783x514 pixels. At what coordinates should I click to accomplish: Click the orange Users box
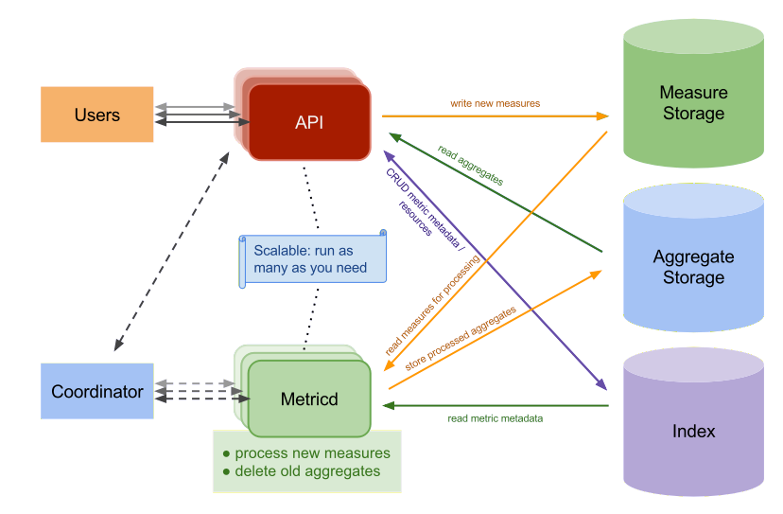[x=97, y=115]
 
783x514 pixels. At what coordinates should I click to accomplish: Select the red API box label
[x=309, y=122]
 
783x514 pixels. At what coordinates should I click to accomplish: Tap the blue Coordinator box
[x=97, y=391]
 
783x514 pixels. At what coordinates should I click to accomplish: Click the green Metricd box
[x=309, y=399]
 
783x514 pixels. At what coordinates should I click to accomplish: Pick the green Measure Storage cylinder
[x=693, y=102]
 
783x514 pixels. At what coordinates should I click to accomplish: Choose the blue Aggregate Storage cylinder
[x=693, y=267]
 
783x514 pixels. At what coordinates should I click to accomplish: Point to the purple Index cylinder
[x=693, y=431]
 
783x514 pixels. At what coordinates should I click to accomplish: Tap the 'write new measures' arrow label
[x=495, y=102]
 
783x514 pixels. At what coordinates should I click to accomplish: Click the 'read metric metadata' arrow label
[x=495, y=417]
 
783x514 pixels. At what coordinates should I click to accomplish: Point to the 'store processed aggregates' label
[x=461, y=337]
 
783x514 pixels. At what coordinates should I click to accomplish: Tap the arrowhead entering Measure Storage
[x=603, y=115]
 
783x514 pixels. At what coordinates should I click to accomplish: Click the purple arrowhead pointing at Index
[x=601, y=385]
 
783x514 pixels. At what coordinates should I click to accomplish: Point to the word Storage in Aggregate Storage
[x=693, y=277]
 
